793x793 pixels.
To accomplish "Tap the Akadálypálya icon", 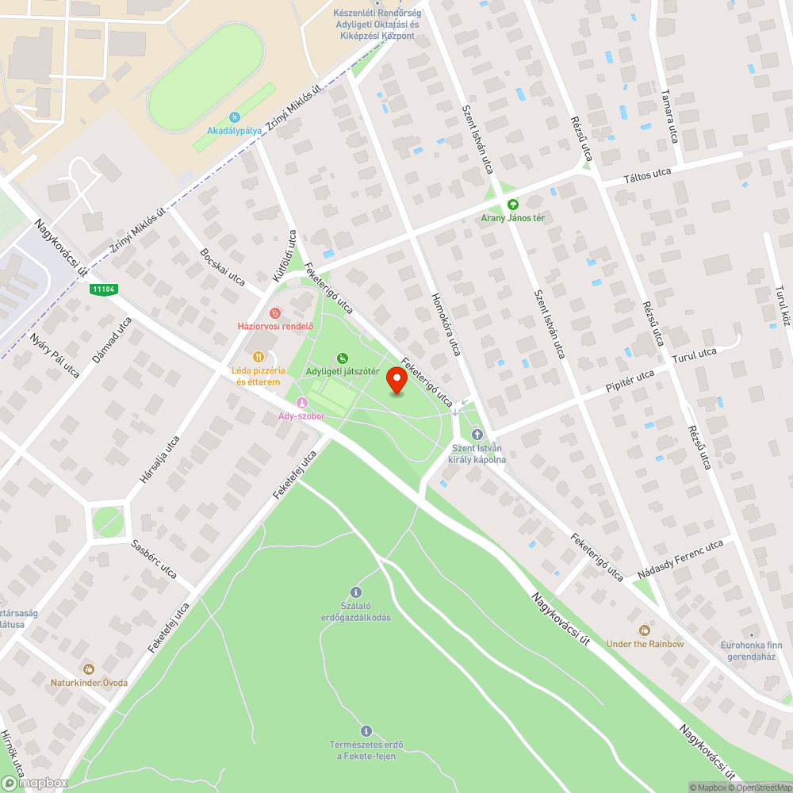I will coord(234,117).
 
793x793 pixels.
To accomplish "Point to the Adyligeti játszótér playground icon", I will coord(343,358).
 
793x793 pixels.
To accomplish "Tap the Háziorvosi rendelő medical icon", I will coord(275,313).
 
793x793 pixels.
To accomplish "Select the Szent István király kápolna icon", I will coord(477,434).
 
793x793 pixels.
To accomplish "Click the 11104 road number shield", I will coord(103,289).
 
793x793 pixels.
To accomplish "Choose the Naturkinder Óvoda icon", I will coord(89,669).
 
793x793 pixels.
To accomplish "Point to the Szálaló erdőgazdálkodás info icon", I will coord(355,592).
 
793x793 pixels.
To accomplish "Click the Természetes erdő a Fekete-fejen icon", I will coord(366,730).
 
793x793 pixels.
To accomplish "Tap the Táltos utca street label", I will coord(647,176).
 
